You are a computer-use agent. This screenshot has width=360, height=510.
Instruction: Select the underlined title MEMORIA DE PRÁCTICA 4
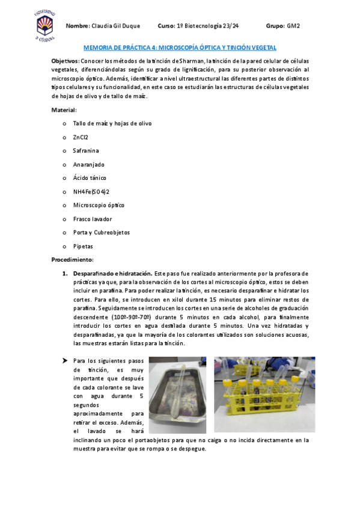tap(180, 48)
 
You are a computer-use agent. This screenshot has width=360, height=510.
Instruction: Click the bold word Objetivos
tap(65, 61)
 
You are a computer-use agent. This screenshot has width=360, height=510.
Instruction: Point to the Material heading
tap(64, 110)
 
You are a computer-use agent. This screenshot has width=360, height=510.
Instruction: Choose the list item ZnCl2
tap(81, 137)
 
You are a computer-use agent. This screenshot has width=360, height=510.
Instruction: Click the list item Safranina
tap(86, 150)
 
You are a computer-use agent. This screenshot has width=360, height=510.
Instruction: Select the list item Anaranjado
tap(89, 164)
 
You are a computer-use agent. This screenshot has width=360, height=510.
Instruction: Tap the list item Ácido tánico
tap(90, 178)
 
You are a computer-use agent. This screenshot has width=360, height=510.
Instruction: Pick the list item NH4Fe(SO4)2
tap(91, 192)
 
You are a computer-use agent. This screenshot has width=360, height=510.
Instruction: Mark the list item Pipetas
tap(83, 246)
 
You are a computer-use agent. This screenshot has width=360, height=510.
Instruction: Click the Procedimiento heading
tap(72, 259)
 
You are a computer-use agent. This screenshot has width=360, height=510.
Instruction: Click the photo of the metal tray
tap(178, 395)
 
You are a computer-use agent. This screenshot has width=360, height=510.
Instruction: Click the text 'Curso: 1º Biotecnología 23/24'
tap(198, 26)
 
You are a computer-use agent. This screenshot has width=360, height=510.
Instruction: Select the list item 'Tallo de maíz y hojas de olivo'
tap(112, 123)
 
